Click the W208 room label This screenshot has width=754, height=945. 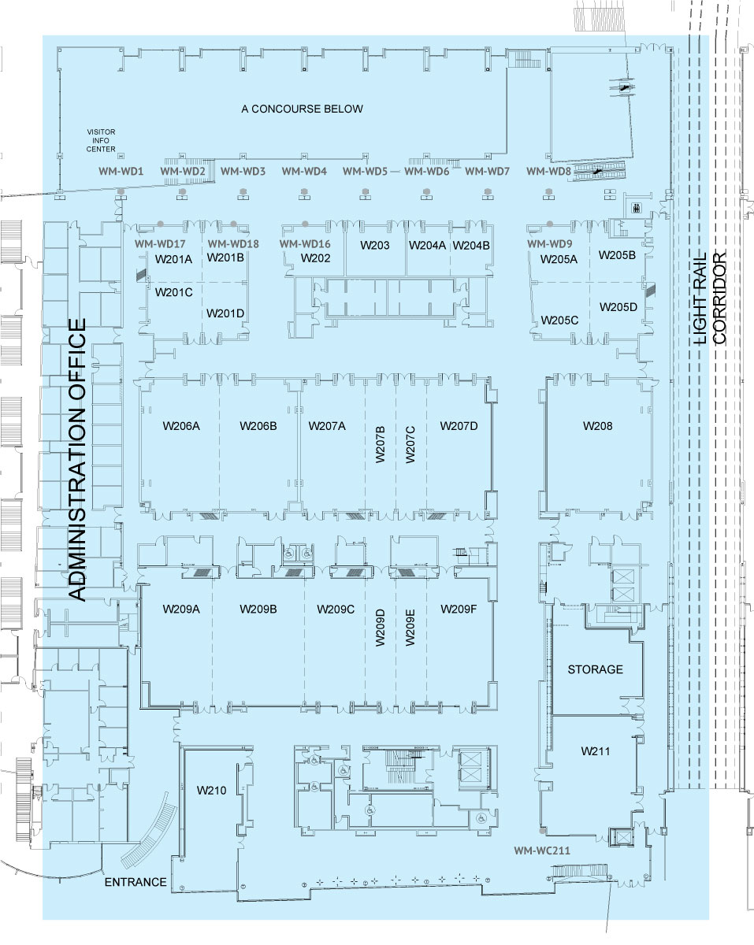[x=597, y=425]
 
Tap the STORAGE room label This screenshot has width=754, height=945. [x=595, y=669]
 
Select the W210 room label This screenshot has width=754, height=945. [x=211, y=790]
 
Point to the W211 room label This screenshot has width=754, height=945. [x=596, y=750]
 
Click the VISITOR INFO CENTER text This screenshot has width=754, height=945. [x=101, y=140]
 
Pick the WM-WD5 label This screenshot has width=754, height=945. [x=365, y=171]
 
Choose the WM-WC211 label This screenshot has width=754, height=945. [x=542, y=850]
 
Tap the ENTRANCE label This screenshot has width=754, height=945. [x=136, y=882]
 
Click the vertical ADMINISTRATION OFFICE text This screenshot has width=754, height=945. [x=77, y=459]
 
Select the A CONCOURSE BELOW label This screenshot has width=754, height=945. [x=302, y=109]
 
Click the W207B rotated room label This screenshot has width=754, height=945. [x=380, y=444]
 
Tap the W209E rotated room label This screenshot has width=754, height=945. [x=410, y=628]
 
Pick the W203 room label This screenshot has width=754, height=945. [x=375, y=245]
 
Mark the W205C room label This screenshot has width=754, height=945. [x=559, y=321]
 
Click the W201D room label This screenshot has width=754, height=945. [x=225, y=313]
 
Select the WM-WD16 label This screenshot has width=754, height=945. [x=304, y=243]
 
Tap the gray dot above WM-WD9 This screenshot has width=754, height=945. [x=549, y=224]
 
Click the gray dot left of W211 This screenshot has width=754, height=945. [x=543, y=831]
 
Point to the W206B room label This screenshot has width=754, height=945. [x=258, y=425]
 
